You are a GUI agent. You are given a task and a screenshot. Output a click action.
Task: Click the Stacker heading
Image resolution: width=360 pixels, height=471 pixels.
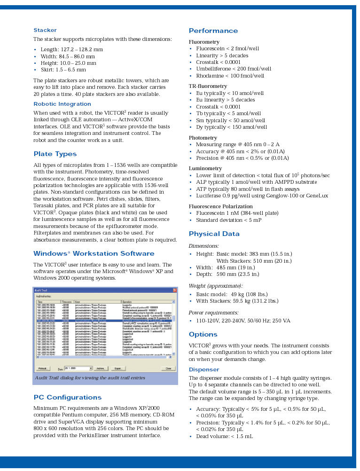(x=45, y=30)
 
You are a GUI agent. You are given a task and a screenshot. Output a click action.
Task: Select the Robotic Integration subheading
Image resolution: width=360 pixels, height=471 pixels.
(x=62, y=104)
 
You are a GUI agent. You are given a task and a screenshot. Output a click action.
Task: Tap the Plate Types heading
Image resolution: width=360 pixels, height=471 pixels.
(x=55, y=154)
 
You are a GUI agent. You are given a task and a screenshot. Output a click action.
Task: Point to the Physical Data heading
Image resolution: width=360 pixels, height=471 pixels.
(x=214, y=234)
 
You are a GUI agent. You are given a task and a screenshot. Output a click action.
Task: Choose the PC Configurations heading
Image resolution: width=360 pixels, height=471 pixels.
(x=68, y=397)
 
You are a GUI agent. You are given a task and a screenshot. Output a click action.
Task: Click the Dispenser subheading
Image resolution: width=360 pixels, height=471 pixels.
(x=203, y=369)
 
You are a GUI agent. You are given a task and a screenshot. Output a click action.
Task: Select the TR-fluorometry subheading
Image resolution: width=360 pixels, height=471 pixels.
(x=208, y=86)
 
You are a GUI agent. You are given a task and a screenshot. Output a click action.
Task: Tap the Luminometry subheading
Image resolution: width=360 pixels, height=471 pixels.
(x=205, y=168)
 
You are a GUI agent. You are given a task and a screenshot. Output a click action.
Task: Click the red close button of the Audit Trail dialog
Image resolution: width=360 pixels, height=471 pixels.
(x=174, y=290)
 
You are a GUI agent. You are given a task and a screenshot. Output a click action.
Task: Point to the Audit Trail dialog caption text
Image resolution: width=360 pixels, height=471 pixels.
(x=90, y=378)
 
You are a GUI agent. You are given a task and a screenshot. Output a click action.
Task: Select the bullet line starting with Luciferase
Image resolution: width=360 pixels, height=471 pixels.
(x=262, y=196)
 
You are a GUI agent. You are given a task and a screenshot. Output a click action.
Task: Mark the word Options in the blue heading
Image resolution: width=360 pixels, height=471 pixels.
(x=203, y=335)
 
